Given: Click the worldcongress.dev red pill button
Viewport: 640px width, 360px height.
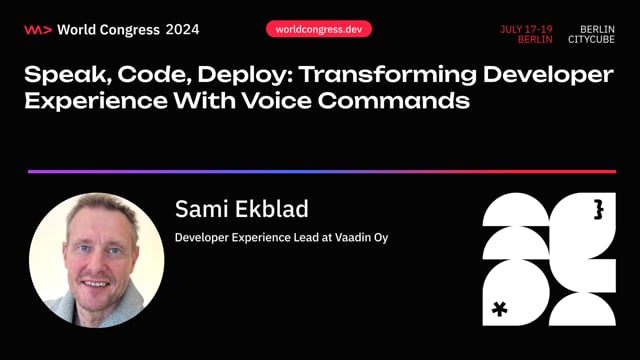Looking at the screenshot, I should click(x=319, y=29).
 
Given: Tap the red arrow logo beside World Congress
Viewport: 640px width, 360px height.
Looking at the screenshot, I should click(x=37, y=29).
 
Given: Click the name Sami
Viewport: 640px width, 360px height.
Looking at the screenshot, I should click(x=201, y=209).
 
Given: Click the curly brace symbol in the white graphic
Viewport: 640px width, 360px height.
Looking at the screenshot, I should click(x=598, y=208).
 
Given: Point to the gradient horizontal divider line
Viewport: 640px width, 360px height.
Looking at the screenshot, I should click(x=320, y=172).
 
